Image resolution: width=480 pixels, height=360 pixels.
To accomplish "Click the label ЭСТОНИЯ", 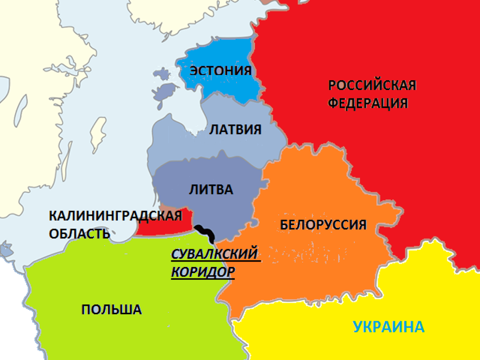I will (220, 71).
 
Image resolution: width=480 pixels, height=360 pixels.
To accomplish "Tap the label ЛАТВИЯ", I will (235, 129).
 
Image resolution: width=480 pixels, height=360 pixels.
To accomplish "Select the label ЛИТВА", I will (210, 190).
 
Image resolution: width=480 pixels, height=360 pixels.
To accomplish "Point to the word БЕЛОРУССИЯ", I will (323, 225).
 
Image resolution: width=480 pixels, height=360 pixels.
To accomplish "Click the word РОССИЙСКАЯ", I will (372, 85).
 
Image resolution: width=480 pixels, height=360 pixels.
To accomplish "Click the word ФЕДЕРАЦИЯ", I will (368, 103).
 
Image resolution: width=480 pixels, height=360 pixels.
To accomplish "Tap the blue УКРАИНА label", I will (388, 327).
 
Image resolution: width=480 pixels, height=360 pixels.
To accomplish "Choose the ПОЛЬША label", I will (111, 309).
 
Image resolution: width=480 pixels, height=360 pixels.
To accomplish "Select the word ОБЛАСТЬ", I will (79, 233).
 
